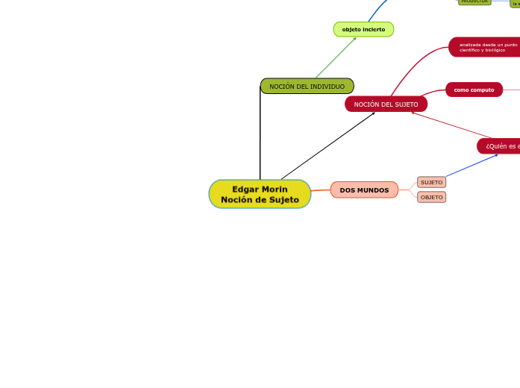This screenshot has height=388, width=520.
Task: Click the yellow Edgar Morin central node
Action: pyautogui.click(x=260, y=194)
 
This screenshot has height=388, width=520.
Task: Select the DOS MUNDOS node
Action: pyautogui.click(x=364, y=190)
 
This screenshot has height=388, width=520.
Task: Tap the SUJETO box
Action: pyautogui.click(x=431, y=182)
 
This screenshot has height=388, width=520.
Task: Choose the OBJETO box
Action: pyautogui.click(x=431, y=197)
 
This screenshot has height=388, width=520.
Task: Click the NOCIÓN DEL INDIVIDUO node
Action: pyautogui.click(x=307, y=87)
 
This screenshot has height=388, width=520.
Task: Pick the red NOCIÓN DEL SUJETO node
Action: pyautogui.click(x=386, y=104)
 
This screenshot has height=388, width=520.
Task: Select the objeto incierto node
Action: pyautogui.click(x=363, y=30)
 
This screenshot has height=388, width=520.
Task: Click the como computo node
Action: pyautogui.click(x=474, y=90)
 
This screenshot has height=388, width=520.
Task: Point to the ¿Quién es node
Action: pyautogui.click(x=500, y=146)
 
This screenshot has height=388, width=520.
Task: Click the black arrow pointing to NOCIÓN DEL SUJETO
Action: pyautogui.click(x=328, y=146)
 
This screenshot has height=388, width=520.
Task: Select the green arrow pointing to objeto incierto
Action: pyautogui.click(x=336, y=57)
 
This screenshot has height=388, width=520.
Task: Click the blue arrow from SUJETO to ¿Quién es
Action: pyautogui.click(x=472, y=166)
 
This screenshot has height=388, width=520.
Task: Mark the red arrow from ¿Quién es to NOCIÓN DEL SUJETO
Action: pyautogui.click(x=451, y=125)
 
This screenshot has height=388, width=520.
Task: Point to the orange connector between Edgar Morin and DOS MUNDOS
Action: pyautogui.click(x=321, y=190)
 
